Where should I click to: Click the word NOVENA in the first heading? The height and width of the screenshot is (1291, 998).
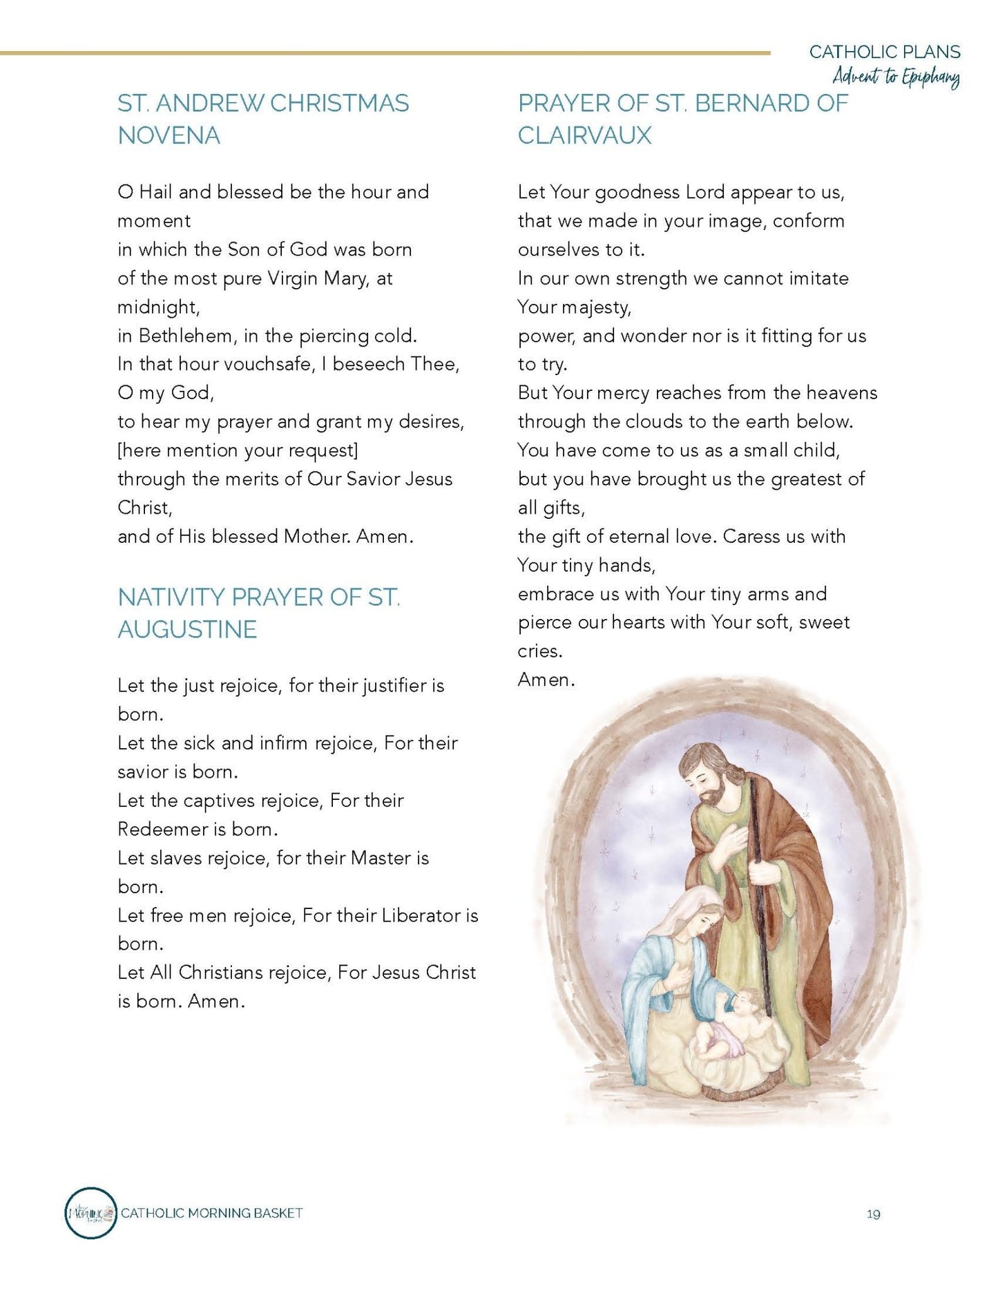169,135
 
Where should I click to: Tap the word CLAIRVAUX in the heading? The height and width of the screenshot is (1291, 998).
584,135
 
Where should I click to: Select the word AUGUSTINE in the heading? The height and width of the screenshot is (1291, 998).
187,629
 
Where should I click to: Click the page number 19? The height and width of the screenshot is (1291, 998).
873,1214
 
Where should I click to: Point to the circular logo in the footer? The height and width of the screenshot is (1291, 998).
90,1213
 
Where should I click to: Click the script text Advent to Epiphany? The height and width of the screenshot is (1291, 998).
896,76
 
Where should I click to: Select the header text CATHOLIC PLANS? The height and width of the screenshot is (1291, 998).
885,52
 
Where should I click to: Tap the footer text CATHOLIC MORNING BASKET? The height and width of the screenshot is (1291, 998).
212,1213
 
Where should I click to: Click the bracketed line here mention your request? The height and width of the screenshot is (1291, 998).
238,450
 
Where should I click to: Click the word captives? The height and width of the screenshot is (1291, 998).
219,801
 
